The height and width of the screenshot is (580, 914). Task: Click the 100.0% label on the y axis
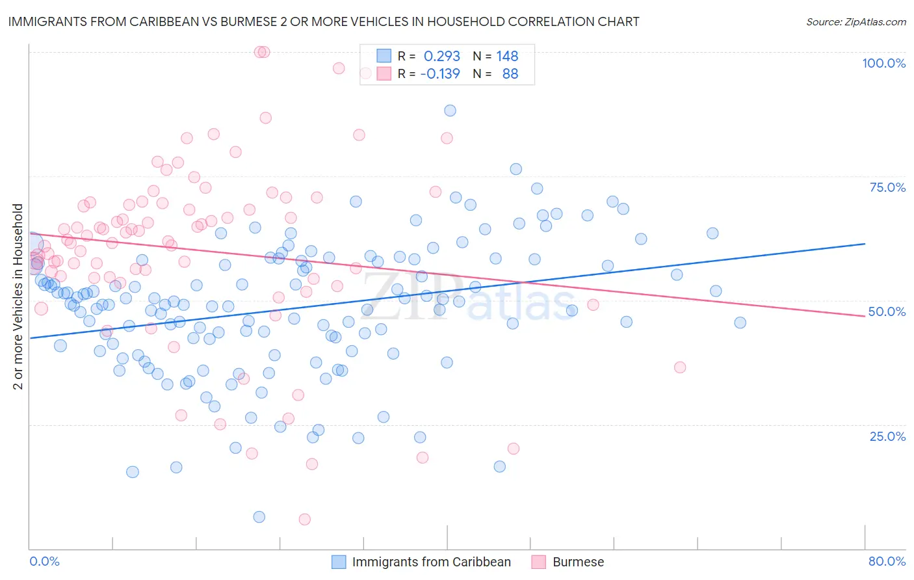[x=883, y=63]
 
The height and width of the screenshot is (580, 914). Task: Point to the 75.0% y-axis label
[x=887, y=187]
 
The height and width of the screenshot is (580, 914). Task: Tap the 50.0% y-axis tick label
[x=887, y=311]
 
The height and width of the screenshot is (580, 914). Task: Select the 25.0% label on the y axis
[x=887, y=436]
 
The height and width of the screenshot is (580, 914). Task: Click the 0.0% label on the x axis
[x=44, y=561]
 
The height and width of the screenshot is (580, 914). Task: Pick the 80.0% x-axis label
[x=887, y=561]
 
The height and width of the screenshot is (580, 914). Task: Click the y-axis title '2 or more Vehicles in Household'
[x=18, y=297]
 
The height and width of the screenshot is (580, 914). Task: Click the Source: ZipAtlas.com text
[x=855, y=21]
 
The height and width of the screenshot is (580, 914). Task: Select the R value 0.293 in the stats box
[x=441, y=56]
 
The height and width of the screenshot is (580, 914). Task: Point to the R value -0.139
[x=439, y=73]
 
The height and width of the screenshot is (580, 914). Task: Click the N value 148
[x=507, y=56]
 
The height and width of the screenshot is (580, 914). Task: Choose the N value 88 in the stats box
[x=510, y=73]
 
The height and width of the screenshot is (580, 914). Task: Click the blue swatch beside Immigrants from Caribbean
[x=339, y=562]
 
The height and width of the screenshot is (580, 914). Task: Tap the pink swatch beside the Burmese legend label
[x=538, y=562]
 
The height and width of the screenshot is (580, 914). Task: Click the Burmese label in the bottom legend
[x=578, y=562]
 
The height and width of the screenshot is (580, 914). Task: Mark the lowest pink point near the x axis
[x=304, y=519]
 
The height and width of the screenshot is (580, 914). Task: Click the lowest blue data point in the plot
[x=259, y=517]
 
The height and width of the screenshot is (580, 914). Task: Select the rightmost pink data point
[x=680, y=367]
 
